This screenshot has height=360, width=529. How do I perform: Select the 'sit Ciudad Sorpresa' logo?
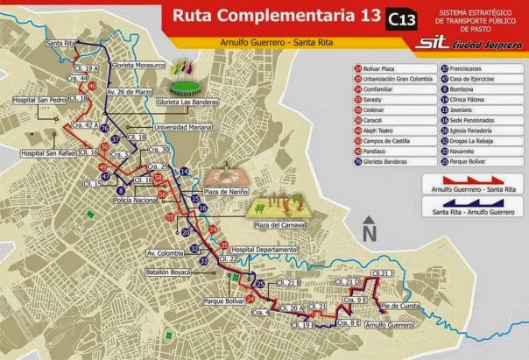pyautogui.click(x=469, y=40)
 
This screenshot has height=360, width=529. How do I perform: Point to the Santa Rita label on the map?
pyautogui.click(x=59, y=42)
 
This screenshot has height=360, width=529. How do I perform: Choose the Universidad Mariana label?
pyautogui.click(x=187, y=127)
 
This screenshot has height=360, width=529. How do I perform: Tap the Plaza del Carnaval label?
pyautogui.click(x=279, y=225)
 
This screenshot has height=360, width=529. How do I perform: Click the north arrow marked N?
pyautogui.click(x=370, y=229)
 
